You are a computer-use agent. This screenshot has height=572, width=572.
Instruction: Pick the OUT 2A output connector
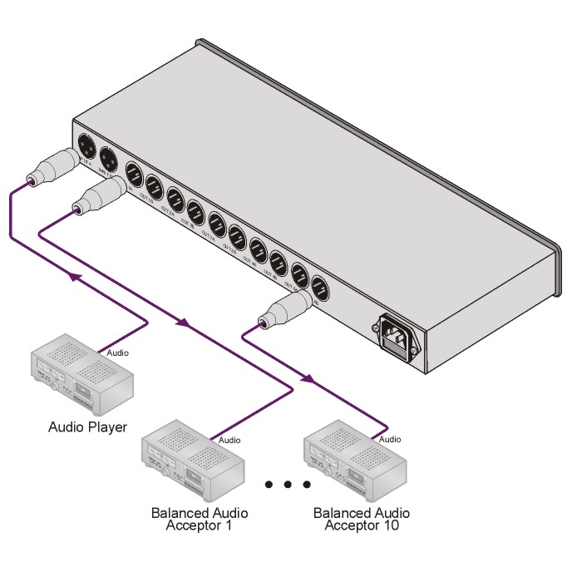175,198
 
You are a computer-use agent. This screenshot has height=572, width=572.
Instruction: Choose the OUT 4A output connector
258,248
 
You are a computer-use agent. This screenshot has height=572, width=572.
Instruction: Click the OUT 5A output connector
300,274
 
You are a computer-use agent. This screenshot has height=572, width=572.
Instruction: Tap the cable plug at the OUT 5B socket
279,313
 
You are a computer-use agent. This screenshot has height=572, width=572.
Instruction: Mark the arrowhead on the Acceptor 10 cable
307,380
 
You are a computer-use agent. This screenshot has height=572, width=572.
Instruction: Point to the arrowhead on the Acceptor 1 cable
182,323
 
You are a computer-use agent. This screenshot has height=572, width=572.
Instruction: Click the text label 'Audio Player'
87,427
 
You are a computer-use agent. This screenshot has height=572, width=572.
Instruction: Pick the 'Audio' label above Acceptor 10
389,438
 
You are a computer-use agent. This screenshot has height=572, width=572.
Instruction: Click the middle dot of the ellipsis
287,484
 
